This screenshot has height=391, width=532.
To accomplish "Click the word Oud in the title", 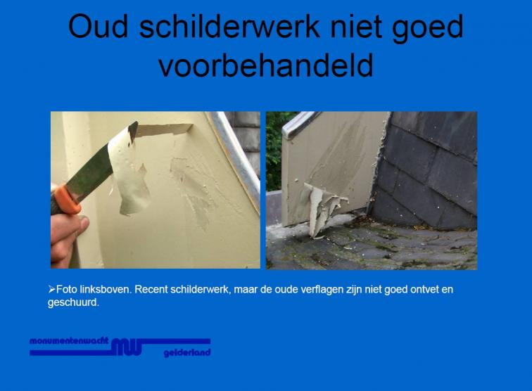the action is (99, 27).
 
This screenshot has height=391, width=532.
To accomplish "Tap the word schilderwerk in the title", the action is (229, 27).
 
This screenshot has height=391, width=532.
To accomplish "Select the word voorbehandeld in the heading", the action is (266, 65).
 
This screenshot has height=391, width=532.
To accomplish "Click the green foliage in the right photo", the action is (275, 149).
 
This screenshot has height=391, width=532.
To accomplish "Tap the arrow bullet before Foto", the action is (51, 289).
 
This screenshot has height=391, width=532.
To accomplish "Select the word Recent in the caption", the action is (151, 290).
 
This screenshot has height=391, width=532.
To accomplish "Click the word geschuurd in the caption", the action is (73, 302).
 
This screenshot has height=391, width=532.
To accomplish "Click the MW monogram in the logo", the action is (126, 347).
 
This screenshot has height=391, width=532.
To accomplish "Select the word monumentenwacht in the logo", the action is (69, 341).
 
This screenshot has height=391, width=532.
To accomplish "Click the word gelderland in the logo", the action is (187, 353).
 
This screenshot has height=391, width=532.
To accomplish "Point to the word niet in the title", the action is (356, 27).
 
